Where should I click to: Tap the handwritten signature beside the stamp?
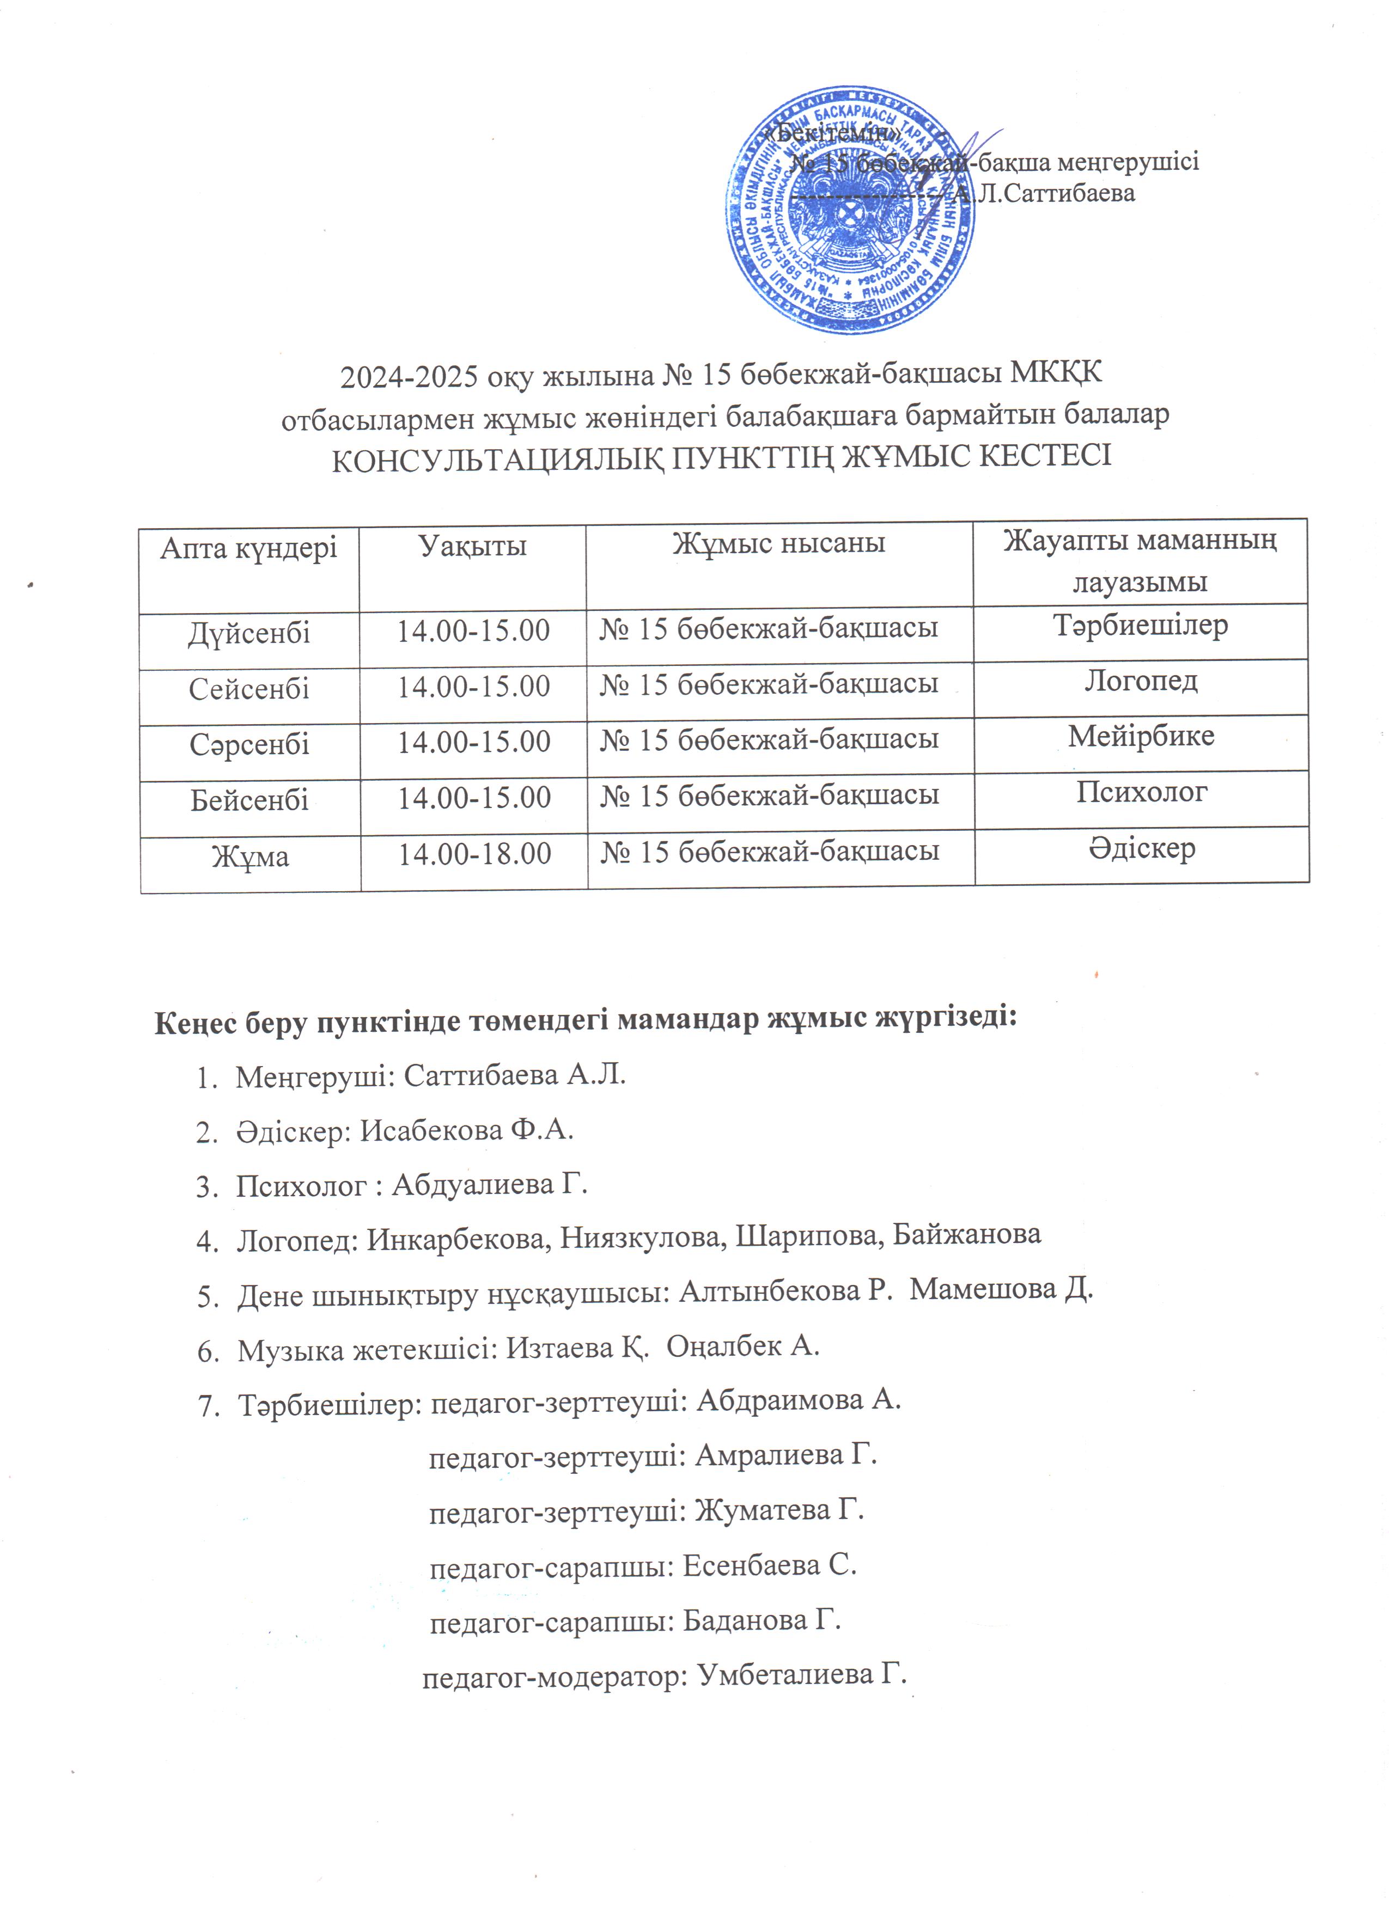pyautogui.click(x=960, y=168)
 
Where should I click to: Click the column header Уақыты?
pyautogui.click(x=473, y=546)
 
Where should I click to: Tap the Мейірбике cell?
pyautogui.click(x=1141, y=736)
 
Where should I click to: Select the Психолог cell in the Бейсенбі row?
pyautogui.click(x=1141, y=792)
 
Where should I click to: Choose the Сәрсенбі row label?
pyautogui.click(x=249, y=744)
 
